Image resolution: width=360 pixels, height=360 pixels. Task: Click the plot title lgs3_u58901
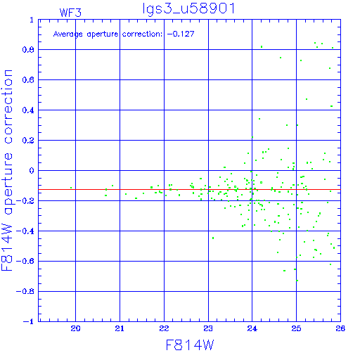tap(188, 8)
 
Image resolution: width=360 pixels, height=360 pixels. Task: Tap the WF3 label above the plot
tap(70, 13)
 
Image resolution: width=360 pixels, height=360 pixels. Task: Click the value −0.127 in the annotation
tap(181, 34)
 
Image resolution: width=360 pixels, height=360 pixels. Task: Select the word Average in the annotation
tap(68, 34)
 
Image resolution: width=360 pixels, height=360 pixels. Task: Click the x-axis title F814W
tap(190, 345)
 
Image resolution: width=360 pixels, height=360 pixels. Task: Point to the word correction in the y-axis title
tap(8, 107)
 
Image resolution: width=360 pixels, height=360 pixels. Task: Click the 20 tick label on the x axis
tap(75, 328)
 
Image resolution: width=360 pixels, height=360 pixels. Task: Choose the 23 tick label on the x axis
tap(208, 328)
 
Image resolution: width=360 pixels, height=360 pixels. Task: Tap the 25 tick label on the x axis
tap(296, 328)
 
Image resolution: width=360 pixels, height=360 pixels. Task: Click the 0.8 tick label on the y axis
tap(28, 50)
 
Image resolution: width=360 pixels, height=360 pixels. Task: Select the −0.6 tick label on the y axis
tap(25, 261)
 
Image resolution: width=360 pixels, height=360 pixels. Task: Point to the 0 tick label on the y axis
tap(32, 170)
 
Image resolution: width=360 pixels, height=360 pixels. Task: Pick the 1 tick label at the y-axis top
tap(32, 20)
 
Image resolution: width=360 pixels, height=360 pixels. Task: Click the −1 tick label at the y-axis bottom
tap(29, 321)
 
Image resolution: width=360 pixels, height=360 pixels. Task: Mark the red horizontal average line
tap(190, 189)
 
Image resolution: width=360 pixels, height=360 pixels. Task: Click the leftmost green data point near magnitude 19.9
tap(71, 188)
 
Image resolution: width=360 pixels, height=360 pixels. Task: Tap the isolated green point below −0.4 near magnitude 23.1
tap(213, 238)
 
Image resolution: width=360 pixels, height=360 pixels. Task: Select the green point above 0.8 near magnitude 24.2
tap(262, 47)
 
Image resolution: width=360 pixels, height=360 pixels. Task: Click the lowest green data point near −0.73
tap(297, 281)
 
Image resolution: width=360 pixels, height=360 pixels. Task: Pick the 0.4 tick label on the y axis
tap(28, 110)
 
